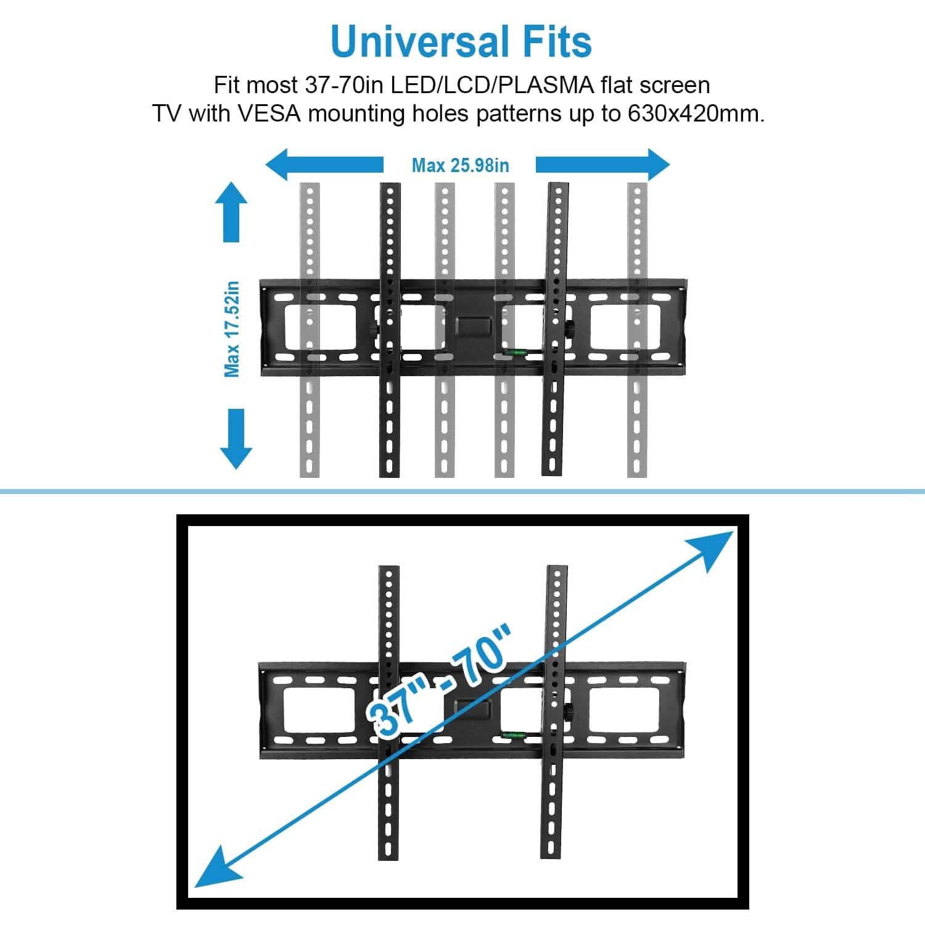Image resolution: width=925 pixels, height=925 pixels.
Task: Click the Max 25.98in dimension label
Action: pyautogui.click(x=460, y=165)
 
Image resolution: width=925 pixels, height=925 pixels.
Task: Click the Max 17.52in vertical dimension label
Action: pyautogui.click(x=232, y=329)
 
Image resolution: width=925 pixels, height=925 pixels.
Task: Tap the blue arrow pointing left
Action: pyautogui.click(x=324, y=165)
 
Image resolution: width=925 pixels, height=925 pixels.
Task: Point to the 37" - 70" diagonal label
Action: pyautogui.click(x=438, y=682)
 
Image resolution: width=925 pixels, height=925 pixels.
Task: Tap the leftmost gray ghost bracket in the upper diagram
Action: pyautogui.click(x=310, y=330)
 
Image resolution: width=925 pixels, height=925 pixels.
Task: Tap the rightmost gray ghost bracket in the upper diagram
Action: pyautogui.click(x=637, y=330)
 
